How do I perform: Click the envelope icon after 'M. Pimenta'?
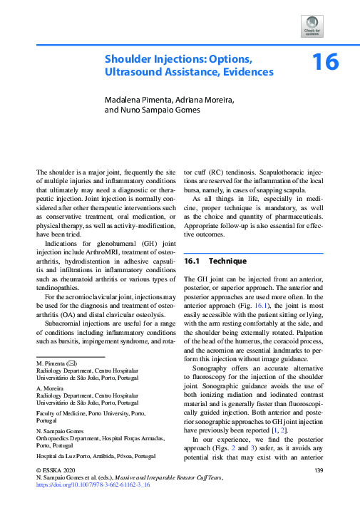point(71,363)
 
